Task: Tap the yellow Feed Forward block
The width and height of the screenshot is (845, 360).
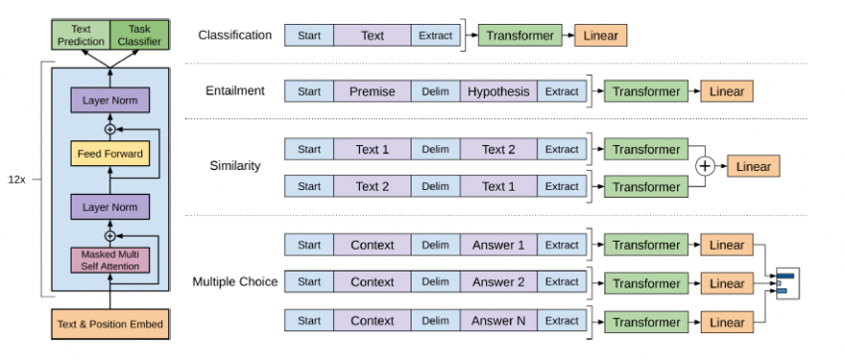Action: coord(109,153)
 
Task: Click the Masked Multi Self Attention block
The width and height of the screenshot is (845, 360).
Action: coord(109,261)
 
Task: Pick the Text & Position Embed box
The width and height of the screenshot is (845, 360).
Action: coord(109,323)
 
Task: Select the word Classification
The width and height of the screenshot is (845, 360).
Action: coord(235,36)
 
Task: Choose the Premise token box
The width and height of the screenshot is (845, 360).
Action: coord(372,91)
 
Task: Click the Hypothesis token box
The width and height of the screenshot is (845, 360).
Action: coord(498,91)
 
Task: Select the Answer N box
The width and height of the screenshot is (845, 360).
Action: coord(498,321)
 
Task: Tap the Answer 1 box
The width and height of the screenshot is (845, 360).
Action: coord(498,245)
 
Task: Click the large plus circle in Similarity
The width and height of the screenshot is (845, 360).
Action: coord(704,167)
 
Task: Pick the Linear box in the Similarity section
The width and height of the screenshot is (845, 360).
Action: coord(753,167)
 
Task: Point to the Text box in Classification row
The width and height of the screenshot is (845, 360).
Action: coord(372,36)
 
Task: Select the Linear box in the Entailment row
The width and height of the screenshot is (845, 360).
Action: coord(727,91)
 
